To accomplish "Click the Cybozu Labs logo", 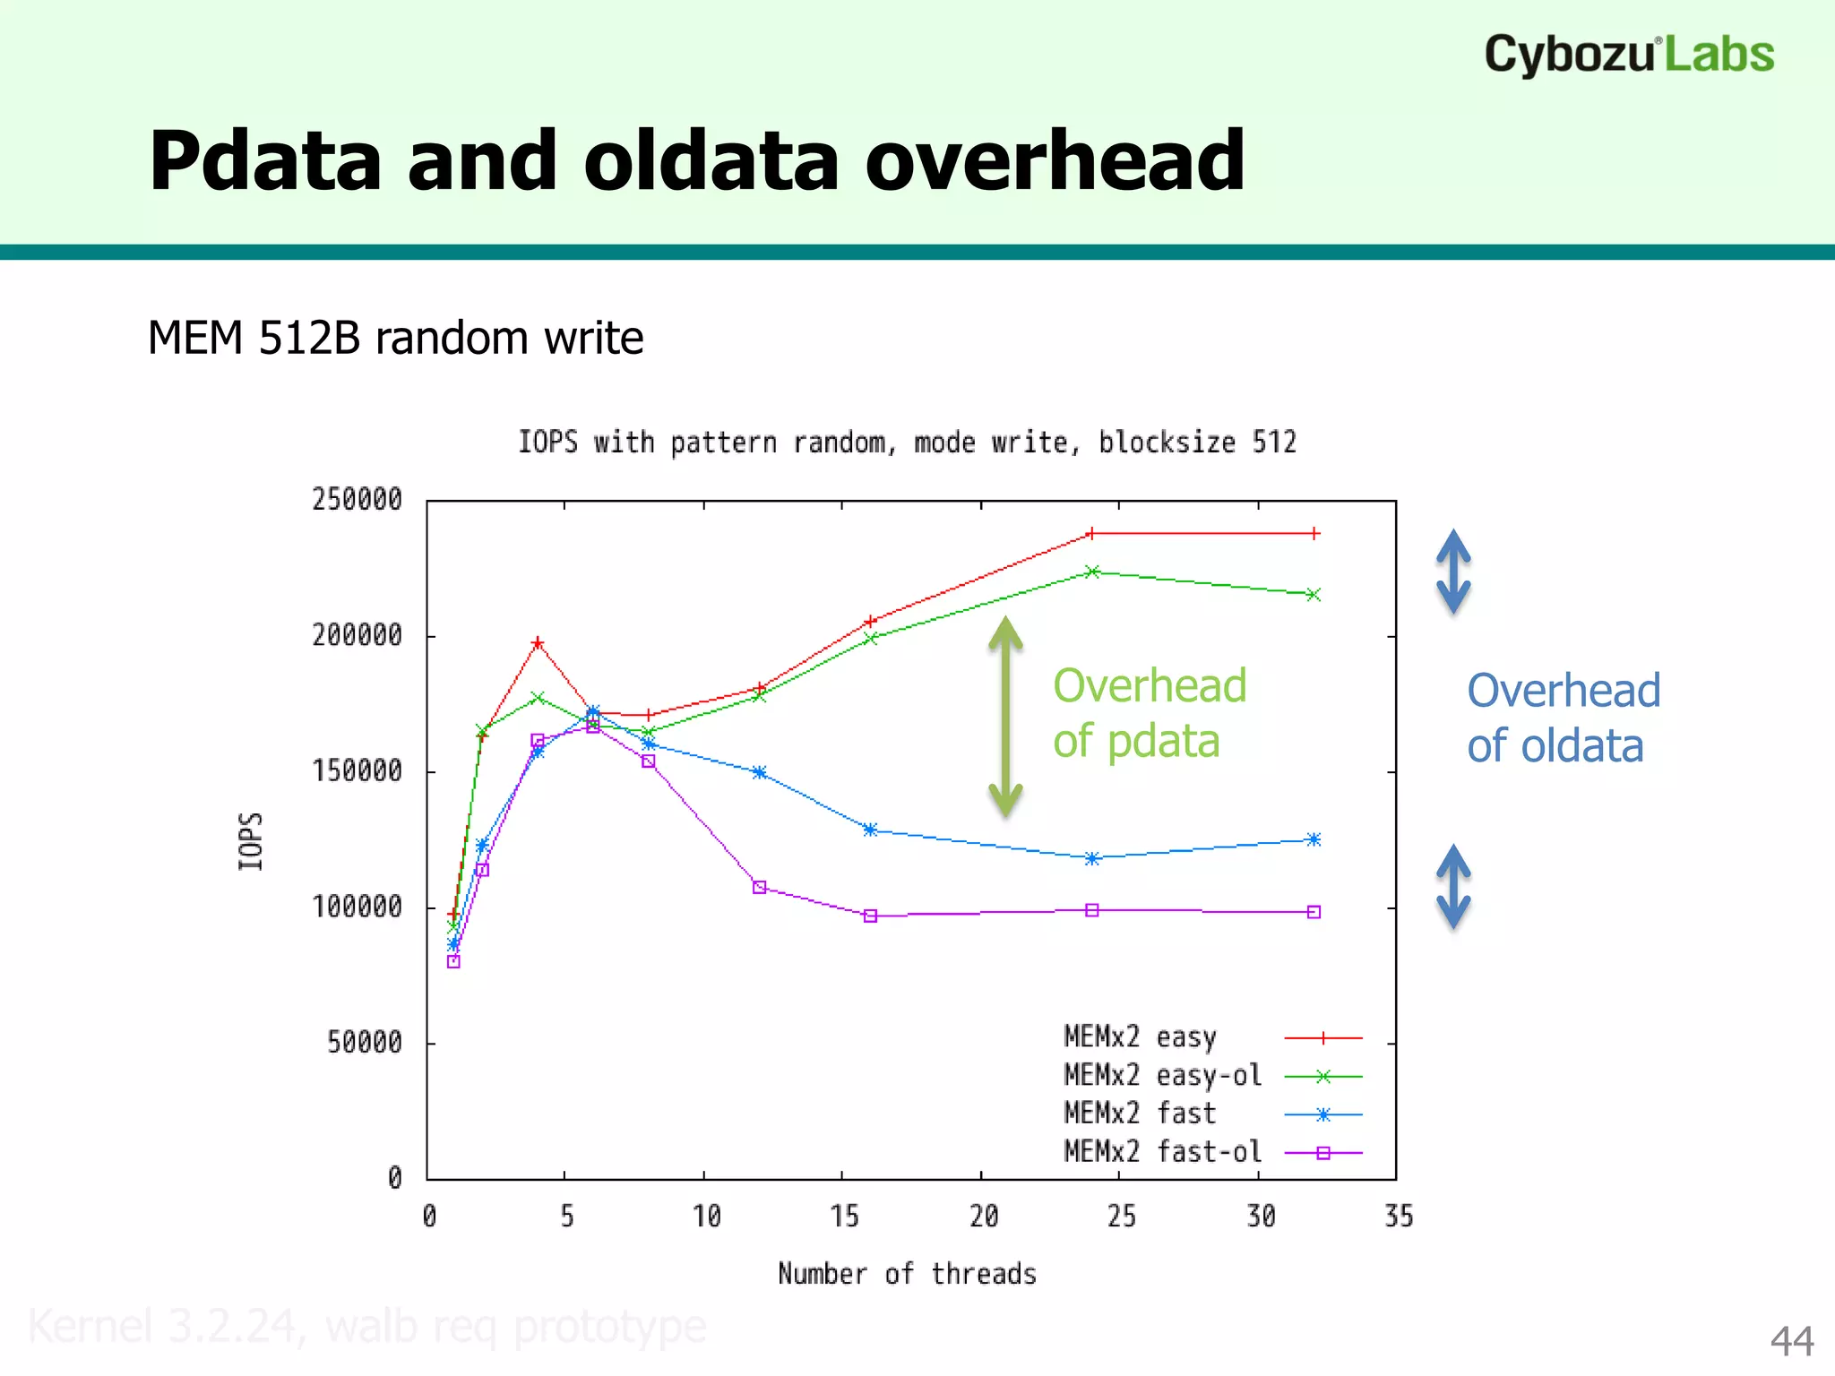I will coord(1628,54).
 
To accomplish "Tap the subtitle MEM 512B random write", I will coord(395,339).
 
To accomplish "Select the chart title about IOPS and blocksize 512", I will coord(907,442).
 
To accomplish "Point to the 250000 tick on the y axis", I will coord(357,500).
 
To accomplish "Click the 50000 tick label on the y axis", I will coord(364,1042).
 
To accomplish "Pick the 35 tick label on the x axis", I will coord(1398,1217).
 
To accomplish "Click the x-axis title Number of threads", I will coord(907,1273).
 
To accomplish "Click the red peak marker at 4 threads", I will coord(538,643).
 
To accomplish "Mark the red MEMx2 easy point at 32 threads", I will coord(1314,533).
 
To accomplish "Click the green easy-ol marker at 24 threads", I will coord(1091,572).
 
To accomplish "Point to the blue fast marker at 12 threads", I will coord(759,772).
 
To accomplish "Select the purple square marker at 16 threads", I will coord(870,916).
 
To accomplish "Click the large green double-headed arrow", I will coord(1005,717).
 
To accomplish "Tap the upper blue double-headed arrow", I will coord(1453,572).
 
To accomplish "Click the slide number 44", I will coord(1791,1341).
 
